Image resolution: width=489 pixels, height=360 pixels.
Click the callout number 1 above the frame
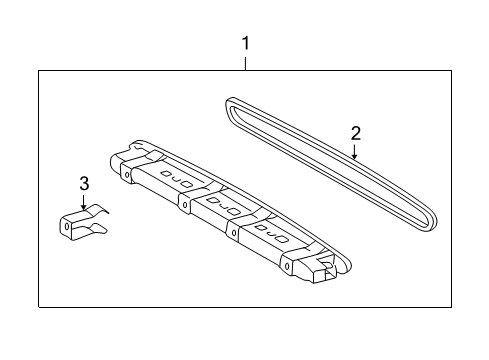click(x=246, y=44)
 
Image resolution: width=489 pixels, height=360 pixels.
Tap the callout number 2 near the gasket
click(x=356, y=133)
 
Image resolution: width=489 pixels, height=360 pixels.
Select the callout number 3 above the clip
click(x=84, y=184)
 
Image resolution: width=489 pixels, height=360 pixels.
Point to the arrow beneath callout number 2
click(x=355, y=151)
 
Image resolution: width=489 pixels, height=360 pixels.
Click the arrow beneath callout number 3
click(x=83, y=202)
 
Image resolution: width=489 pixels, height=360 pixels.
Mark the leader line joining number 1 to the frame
click(x=246, y=64)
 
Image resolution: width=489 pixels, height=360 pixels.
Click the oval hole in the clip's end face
click(x=66, y=226)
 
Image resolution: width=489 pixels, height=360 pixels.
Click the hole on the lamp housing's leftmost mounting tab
click(x=127, y=174)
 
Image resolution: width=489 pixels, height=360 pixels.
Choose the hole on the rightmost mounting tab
click(x=287, y=266)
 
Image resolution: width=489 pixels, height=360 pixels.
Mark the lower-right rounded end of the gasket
click(x=430, y=222)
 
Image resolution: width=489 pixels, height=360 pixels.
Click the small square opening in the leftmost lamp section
click(x=165, y=173)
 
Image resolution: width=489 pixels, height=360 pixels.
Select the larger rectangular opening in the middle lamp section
click(x=233, y=211)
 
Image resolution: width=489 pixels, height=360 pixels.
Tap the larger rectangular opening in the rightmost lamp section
click(x=282, y=239)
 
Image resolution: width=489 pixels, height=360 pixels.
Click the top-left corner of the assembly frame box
click(x=39, y=71)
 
